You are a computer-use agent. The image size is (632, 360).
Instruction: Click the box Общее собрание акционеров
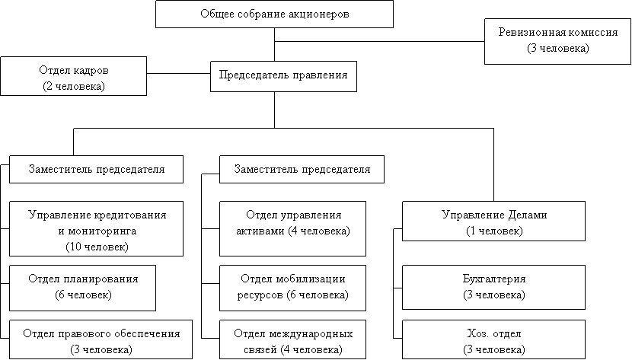[x=275, y=14]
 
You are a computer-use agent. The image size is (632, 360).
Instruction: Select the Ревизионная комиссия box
[x=557, y=40]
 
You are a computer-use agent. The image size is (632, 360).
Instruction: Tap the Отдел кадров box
[x=73, y=77]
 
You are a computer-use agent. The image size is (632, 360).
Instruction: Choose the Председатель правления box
[x=283, y=75]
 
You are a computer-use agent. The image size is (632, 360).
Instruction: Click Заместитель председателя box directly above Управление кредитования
[x=97, y=168]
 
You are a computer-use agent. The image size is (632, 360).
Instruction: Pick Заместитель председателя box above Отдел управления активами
[x=302, y=168]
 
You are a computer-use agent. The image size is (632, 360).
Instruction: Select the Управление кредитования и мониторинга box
[x=97, y=229]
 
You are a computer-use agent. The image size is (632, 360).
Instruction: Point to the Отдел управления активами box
[x=293, y=222]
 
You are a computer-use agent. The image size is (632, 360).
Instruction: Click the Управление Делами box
[x=493, y=221]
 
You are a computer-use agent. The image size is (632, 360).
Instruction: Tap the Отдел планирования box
[x=82, y=286]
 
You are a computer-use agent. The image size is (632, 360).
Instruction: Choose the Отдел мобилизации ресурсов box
[x=293, y=286]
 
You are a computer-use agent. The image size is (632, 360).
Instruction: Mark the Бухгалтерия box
[x=493, y=286]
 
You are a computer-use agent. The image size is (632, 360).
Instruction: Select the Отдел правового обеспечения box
[x=101, y=340]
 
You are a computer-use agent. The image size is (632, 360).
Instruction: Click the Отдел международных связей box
[x=293, y=340]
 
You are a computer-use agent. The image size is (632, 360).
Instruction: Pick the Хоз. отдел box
[x=493, y=340]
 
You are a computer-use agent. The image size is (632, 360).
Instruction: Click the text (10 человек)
[x=97, y=247]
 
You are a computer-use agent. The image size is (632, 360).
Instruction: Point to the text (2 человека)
[x=73, y=87]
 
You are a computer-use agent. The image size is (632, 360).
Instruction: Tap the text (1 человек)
[x=493, y=231]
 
